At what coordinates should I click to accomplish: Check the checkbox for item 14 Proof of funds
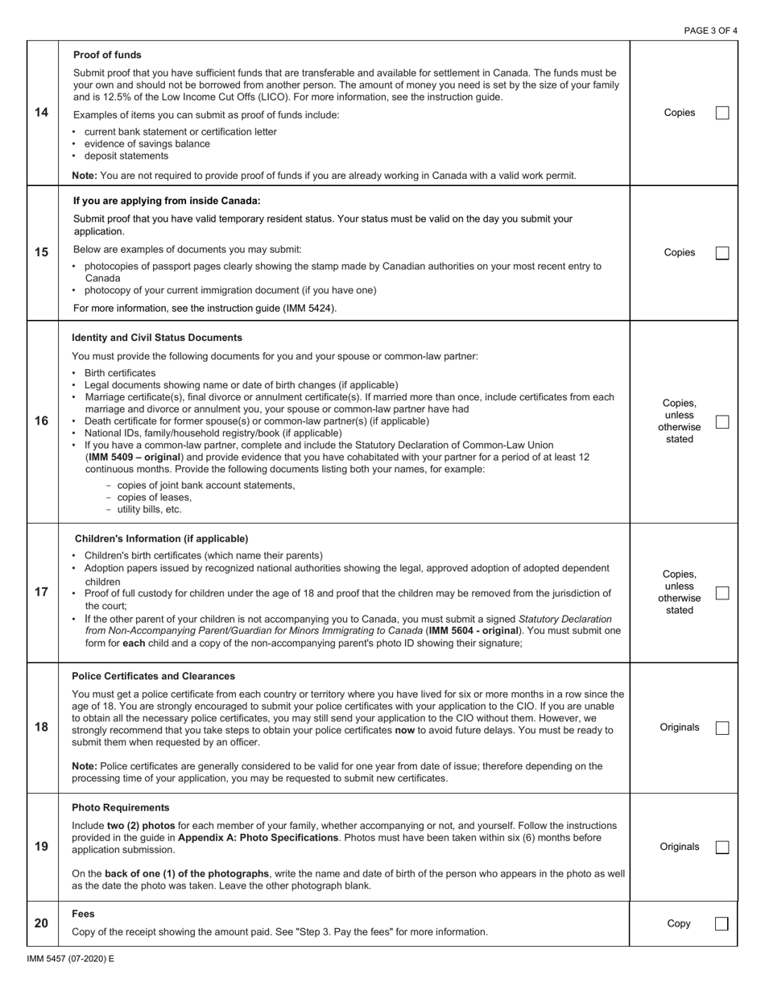pos(722,113)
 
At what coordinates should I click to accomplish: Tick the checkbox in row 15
pos(722,253)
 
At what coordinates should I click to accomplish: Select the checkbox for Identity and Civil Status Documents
pos(722,421)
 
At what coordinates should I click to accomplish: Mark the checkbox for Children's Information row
pos(722,592)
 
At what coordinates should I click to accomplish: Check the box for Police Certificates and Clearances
pos(722,728)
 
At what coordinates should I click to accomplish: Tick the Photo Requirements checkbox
pos(722,847)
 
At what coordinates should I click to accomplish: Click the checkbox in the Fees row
pos(722,923)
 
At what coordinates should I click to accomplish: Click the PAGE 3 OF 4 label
pos(710,31)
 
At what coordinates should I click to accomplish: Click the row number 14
pos(41,113)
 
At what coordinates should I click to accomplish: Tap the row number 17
pos(41,592)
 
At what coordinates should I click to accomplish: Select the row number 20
pos(41,923)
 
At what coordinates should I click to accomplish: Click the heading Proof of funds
pos(107,55)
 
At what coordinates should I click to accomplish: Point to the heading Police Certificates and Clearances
pos(154,676)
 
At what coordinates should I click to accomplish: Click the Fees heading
pos(83,914)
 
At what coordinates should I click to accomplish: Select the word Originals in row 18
pos(679,728)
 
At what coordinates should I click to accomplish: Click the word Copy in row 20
pos(679,923)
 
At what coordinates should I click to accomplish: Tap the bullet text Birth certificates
pos(120,373)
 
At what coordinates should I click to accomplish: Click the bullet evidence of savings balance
pos(147,143)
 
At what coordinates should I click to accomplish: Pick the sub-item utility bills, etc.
pos(149,509)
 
